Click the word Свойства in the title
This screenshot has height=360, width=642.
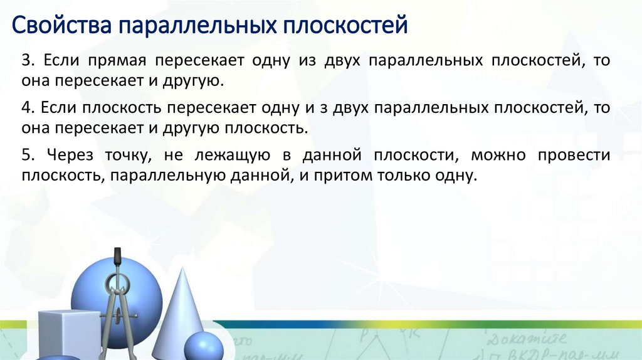(62, 26)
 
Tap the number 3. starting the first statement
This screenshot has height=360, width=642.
(28, 61)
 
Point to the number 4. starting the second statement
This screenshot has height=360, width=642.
(28, 108)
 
